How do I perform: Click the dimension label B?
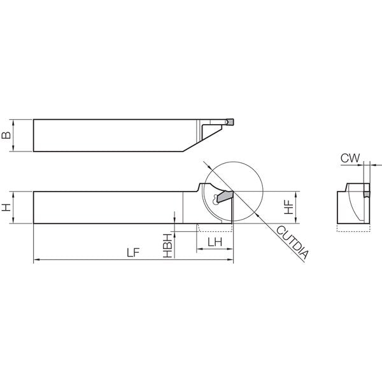pos(6,135)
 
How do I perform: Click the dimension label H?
pos(6,208)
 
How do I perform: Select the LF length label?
pos(133,253)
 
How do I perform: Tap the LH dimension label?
pos(215,242)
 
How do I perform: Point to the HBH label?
pos(167,246)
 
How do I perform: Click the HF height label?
pos(289,208)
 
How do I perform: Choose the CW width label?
pos(350,158)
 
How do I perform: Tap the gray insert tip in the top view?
pos(230,122)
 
